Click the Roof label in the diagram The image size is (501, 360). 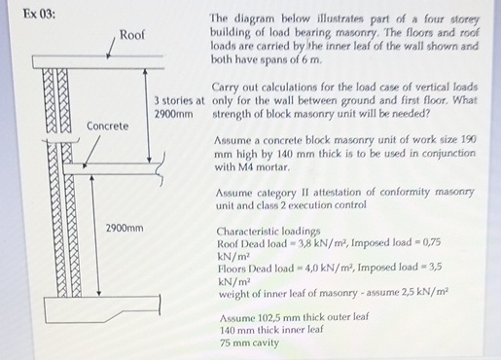pyautogui.click(x=132, y=34)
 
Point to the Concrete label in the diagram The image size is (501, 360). pyautogui.click(x=108, y=126)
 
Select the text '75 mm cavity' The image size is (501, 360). pyautogui.click(x=250, y=343)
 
